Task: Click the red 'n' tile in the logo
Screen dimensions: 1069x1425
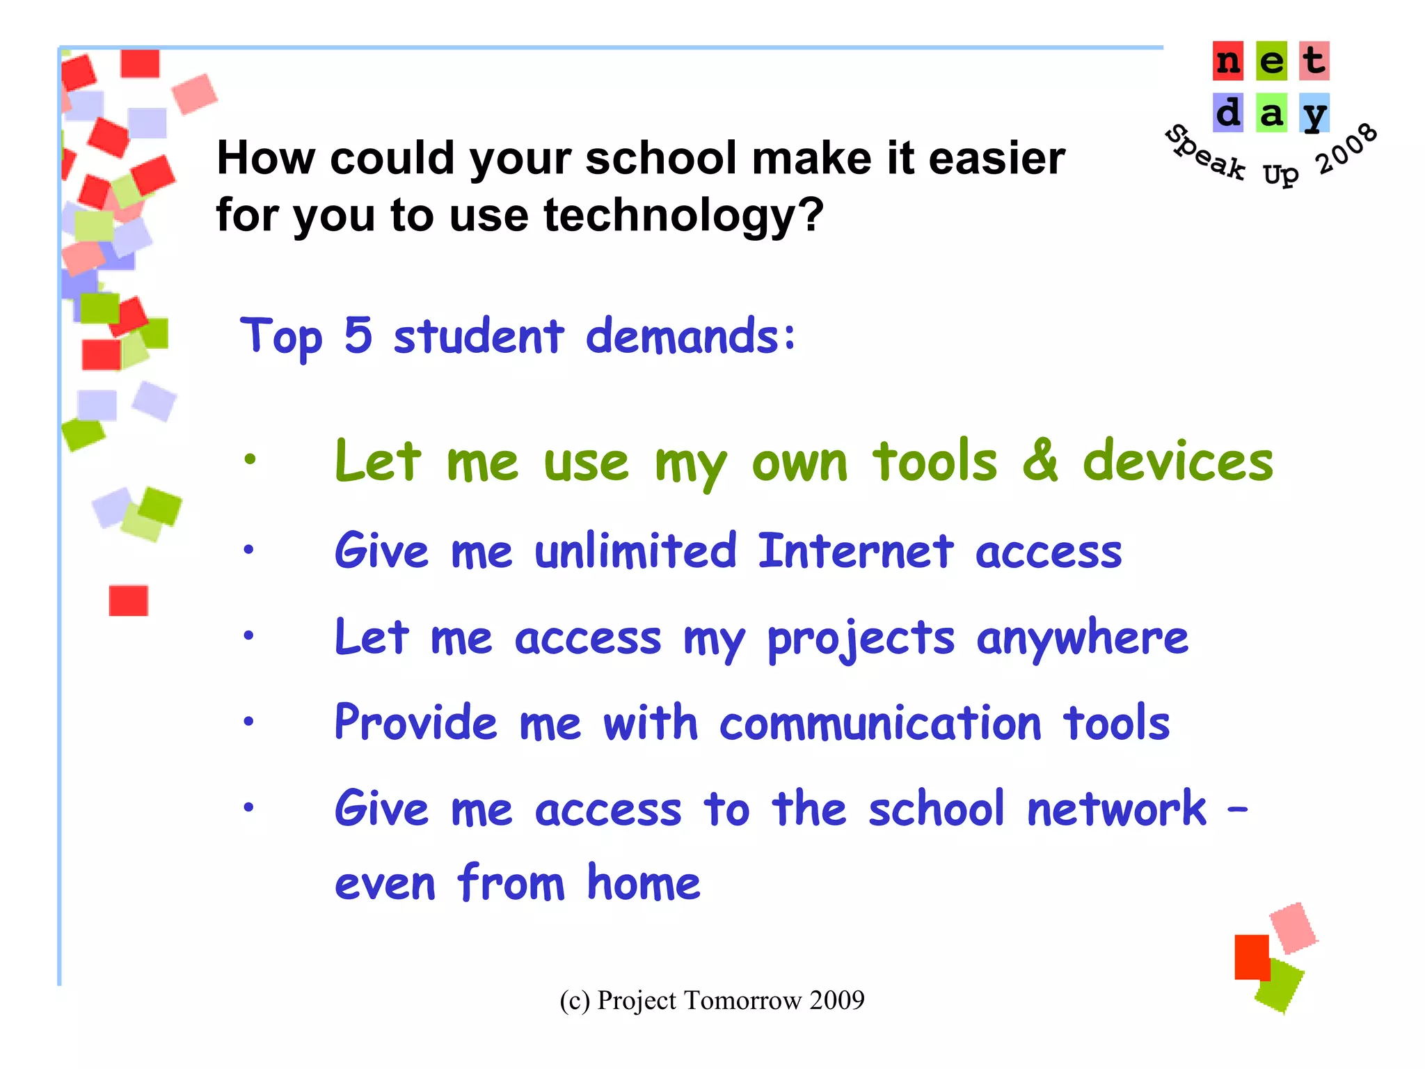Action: coord(1228,61)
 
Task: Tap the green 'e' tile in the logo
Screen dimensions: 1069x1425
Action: coord(1271,61)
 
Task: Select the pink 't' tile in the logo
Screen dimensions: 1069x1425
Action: coord(1314,61)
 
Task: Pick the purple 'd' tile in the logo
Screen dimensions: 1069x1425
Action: coord(1228,113)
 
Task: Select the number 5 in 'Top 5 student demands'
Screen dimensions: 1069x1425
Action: coord(358,335)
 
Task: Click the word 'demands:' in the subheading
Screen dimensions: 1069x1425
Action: coord(691,336)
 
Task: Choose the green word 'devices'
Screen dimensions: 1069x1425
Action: coord(1178,461)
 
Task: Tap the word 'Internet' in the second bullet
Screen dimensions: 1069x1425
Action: coord(856,551)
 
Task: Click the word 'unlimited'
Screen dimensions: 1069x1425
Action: coord(635,551)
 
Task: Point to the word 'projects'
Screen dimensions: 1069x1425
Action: coord(861,639)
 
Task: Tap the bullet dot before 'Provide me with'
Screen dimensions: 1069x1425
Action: coord(248,722)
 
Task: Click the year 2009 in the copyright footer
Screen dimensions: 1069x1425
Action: coord(837,1000)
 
